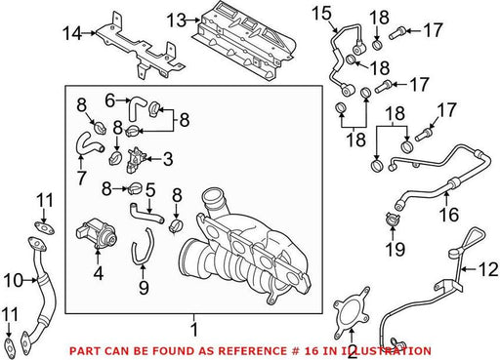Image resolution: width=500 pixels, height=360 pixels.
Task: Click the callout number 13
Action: [x=176, y=20]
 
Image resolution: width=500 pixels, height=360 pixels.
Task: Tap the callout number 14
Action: [x=72, y=33]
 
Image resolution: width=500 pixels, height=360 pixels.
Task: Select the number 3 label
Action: [x=168, y=159]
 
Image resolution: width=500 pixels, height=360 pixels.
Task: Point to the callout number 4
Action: [x=98, y=273]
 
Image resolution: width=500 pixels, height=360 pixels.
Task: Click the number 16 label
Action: [x=449, y=215]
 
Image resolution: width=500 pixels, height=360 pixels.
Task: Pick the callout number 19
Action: [x=396, y=249]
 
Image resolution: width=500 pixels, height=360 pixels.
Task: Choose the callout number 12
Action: [x=488, y=269]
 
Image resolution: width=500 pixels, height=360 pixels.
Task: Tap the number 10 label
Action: [x=14, y=280]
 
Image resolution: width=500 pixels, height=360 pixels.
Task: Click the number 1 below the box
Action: [x=194, y=330]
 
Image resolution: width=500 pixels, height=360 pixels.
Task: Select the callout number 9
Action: [x=144, y=288]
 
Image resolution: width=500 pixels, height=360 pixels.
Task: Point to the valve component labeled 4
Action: [x=97, y=233]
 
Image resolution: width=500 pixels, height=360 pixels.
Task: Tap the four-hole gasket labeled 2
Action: [x=352, y=311]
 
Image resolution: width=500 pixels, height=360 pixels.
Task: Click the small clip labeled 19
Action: [x=392, y=219]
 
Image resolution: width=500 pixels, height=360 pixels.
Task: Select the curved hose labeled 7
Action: [x=87, y=143]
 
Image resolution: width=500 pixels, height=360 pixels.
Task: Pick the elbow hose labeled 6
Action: [x=135, y=108]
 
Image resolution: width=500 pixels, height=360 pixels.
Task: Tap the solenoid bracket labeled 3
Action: [x=135, y=160]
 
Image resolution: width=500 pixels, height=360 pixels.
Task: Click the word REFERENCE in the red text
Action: [x=251, y=351]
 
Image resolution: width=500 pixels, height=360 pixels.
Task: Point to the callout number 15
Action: [x=321, y=14]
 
